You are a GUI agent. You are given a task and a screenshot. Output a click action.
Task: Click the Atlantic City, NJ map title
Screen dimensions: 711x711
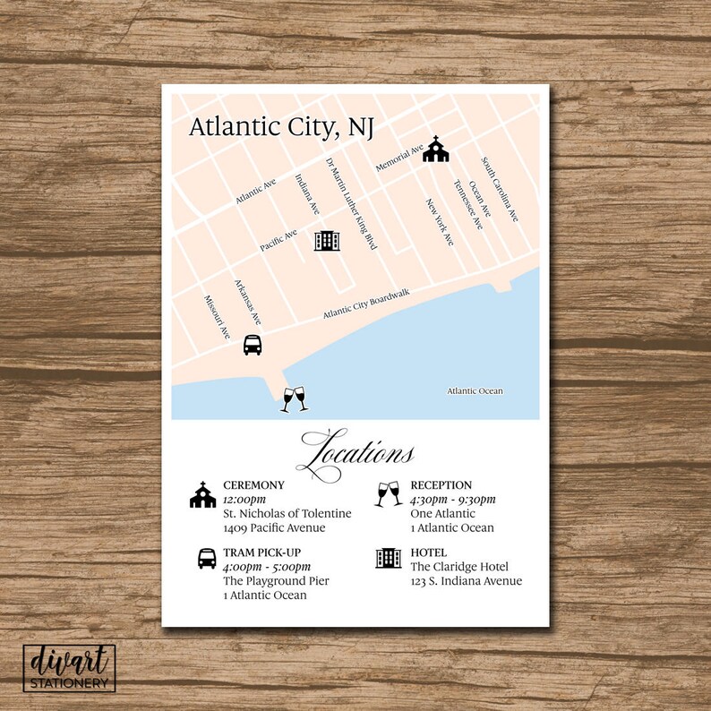click(280, 127)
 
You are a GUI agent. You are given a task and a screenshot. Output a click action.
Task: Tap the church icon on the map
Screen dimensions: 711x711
click(435, 150)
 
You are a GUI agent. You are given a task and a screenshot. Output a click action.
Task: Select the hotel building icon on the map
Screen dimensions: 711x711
click(327, 239)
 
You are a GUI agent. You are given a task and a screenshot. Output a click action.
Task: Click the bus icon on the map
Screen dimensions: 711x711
click(253, 345)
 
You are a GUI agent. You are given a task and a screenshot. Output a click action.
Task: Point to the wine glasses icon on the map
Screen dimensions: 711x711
click(295, 398)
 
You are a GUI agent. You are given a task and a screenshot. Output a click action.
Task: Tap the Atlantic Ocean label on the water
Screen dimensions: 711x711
click(475, 391)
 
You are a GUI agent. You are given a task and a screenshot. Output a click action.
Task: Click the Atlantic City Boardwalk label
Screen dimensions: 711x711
click(366, 306)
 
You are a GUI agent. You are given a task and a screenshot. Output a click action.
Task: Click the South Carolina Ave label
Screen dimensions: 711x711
click(500, 190)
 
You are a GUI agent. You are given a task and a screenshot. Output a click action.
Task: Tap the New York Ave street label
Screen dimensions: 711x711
click(440, 222)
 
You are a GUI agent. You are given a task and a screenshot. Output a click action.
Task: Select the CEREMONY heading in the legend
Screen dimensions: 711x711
click(253, 485)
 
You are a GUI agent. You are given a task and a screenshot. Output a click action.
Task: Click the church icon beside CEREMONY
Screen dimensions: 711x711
click(203, 495)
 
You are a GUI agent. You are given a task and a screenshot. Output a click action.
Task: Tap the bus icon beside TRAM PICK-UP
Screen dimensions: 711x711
click(207, 558)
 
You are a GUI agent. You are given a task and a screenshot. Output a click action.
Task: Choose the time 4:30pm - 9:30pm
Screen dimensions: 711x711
click(453, 499)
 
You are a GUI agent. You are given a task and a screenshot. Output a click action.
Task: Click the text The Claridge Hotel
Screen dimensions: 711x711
click(459, 567)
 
